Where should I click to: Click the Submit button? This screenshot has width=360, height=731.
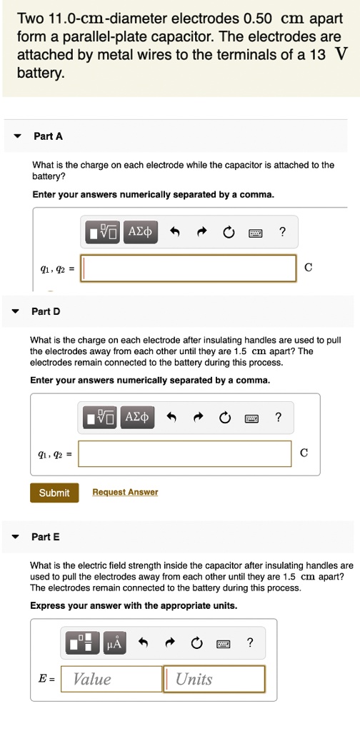[x=54, y=493]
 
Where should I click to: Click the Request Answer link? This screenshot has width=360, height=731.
[x=125, y=493]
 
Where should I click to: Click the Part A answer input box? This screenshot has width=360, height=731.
[x=189, y=268]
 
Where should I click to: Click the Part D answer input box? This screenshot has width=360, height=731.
[x=185, y=453]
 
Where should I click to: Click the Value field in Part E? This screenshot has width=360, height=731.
[x=111, y=679]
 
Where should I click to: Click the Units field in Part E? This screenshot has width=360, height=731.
[x=214, y=679]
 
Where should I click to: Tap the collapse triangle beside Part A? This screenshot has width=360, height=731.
[x=18, y=136]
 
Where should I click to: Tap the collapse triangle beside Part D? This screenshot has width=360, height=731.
[x=16, y=311]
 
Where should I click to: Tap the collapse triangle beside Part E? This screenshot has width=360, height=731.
[x=16, y=537]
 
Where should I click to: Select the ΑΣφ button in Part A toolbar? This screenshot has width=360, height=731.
[x=140, y=231]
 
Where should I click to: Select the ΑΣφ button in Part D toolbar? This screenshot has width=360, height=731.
[x=138, y=417]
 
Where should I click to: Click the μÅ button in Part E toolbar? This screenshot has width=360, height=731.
[x=114, y=643]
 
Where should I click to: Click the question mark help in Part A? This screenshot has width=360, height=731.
[x=281, y=231]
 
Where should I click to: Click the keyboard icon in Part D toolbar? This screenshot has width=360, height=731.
[x=251, y=418]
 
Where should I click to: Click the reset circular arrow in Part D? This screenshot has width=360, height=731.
[x=225, y=418]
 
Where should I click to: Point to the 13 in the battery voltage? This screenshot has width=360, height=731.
[x=316, y=55]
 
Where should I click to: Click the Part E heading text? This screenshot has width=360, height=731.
[x=46, y=537]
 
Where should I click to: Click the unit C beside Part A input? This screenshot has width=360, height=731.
[x=308, y=267]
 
